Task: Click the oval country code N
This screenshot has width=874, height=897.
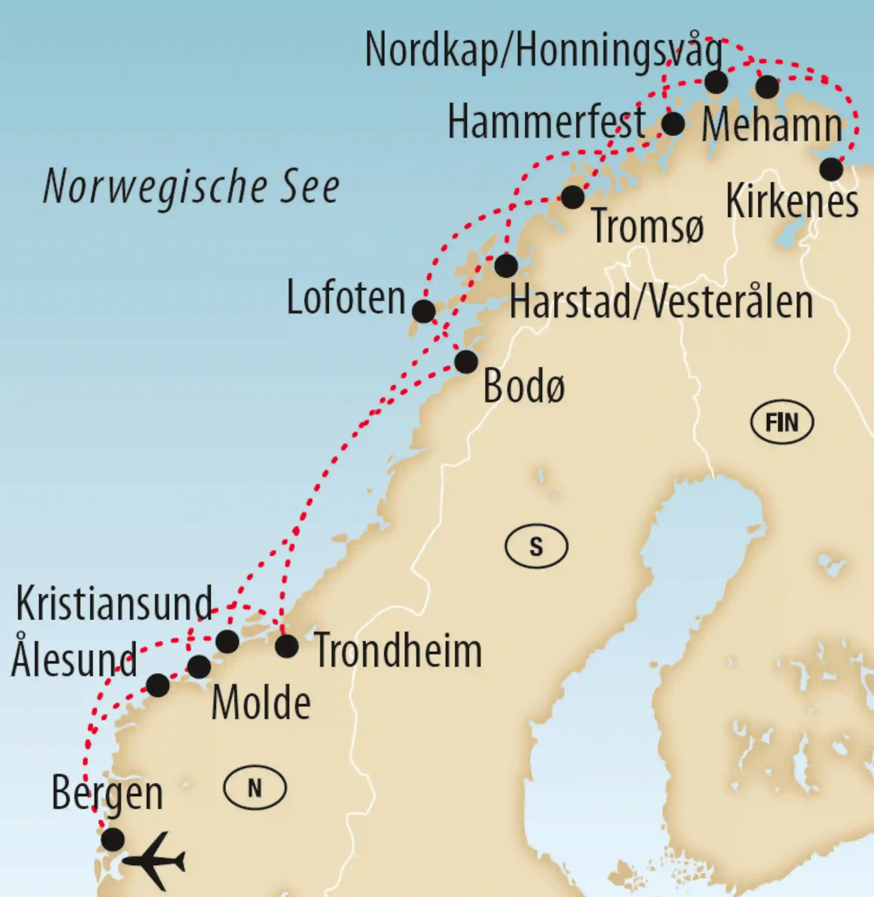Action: click(x=255, y=788)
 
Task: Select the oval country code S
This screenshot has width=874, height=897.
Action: click(x=536, y=546)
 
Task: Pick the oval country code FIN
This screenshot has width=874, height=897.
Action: click(x=782, y=422)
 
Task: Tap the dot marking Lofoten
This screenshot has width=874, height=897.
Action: click(x=424, y=312)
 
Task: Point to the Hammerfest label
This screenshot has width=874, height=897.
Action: click(x=547, y=122)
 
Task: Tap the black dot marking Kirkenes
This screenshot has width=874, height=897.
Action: click(x=831, y=169)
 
